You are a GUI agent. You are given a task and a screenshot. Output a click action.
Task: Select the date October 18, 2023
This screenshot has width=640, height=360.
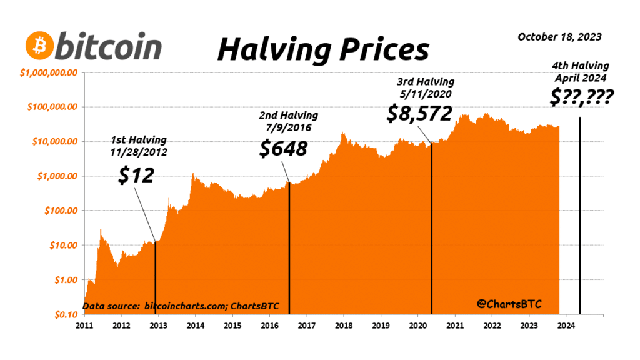click(x=559, y=37)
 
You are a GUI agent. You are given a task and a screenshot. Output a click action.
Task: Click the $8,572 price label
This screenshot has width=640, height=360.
click(x=420, y=112)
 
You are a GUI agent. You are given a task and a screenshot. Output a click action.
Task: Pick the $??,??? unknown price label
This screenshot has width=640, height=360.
click(x=580, y=97)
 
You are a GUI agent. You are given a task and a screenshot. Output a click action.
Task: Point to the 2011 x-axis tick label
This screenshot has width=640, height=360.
click(x=84, y=326)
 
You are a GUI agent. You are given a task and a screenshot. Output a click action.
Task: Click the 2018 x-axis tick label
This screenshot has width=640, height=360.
click(x=343, y=326)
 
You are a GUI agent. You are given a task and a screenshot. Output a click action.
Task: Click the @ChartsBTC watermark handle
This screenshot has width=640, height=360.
click(x=509, y=304)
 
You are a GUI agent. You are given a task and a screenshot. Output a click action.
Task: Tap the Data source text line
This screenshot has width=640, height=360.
click(x=181, y=307)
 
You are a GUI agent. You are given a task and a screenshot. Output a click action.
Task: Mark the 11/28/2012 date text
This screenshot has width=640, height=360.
click(x=139, y=151)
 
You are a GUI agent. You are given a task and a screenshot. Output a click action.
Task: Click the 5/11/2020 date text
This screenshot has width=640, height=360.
click(x=426, y=92)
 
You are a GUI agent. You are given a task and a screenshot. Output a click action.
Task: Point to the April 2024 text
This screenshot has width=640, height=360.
click(x=581, y=77)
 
